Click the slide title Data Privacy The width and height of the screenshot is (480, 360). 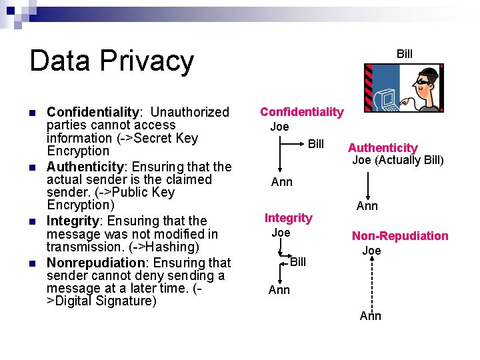click(111, 61)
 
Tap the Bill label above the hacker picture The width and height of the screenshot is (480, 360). click(405, 53)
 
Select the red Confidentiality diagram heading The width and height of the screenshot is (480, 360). click(301, 112)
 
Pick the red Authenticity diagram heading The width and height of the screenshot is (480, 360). click(383, 148)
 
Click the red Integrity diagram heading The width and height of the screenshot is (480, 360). click(288, 217)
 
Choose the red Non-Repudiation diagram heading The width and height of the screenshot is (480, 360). click(400, 235)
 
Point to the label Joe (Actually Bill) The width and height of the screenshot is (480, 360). click(397, 160)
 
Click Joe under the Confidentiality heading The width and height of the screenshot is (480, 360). click(279, 127)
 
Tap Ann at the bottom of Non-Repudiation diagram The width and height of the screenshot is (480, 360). click(371, 316)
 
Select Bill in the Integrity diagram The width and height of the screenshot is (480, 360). click(298, 262)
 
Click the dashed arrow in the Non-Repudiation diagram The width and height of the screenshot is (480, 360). click(371, 283)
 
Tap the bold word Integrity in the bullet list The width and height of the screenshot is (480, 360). click(73, 221)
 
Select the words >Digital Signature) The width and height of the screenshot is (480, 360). click(101, 301)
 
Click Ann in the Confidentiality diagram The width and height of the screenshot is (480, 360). click(282, 183)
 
